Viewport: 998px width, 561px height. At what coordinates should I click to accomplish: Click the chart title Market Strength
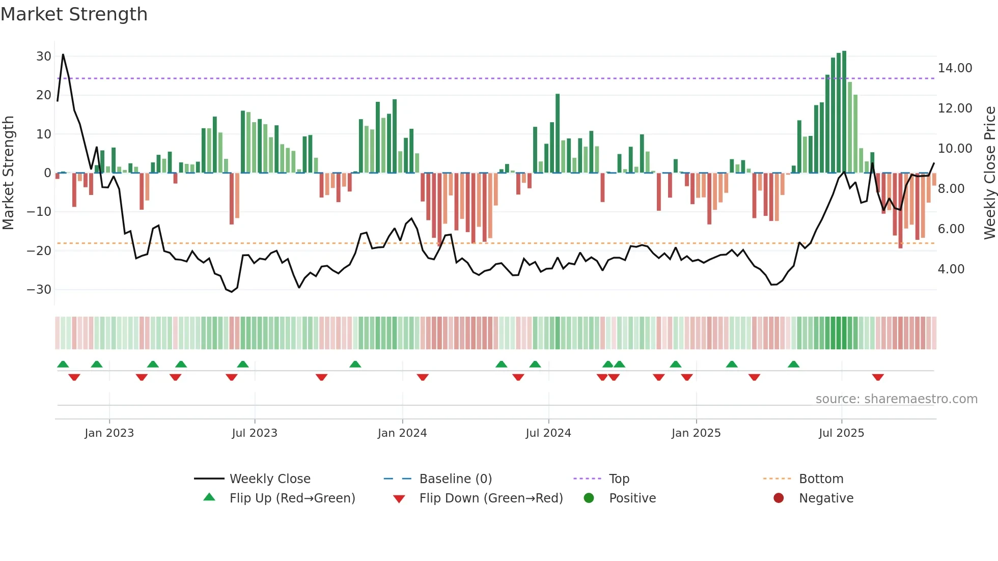tap(74, 14)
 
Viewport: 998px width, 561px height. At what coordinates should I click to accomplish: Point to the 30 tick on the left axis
tap(43, 57)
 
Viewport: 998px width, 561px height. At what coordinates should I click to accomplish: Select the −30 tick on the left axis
tap(39, 290)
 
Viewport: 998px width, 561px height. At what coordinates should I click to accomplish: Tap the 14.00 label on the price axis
tap(955, 68)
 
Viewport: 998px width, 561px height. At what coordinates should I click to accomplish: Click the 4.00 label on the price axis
tap(951, 269)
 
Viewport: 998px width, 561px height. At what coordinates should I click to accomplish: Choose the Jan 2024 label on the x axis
tap(402, 433)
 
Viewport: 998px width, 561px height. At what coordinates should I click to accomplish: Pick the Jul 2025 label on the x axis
tap(841, 433)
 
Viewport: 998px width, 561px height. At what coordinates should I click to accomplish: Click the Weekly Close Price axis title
tap(989, 173)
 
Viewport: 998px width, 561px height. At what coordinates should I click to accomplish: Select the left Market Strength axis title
tap(8, 173)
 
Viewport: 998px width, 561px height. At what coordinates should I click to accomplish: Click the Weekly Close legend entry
tap(269, 479)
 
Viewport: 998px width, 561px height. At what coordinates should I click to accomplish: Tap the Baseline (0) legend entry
tap(455, 479)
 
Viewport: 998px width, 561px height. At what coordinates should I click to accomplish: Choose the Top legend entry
tap(619, 479)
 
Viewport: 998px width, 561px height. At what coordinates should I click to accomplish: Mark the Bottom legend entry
tap(821, 479)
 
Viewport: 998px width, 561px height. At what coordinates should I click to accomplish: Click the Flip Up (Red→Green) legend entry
tap(292, 498)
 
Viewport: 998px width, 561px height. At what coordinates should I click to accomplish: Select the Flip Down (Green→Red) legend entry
tap(491, 498)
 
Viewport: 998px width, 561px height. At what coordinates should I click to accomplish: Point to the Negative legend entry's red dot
tap(779, 498)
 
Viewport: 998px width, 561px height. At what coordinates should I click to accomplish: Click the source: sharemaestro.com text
tap(896, 399)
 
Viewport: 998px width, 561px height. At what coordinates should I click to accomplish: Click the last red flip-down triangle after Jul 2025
tap(877, 377)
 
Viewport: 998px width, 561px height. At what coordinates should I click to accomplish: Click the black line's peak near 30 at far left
tap(63, 55)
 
